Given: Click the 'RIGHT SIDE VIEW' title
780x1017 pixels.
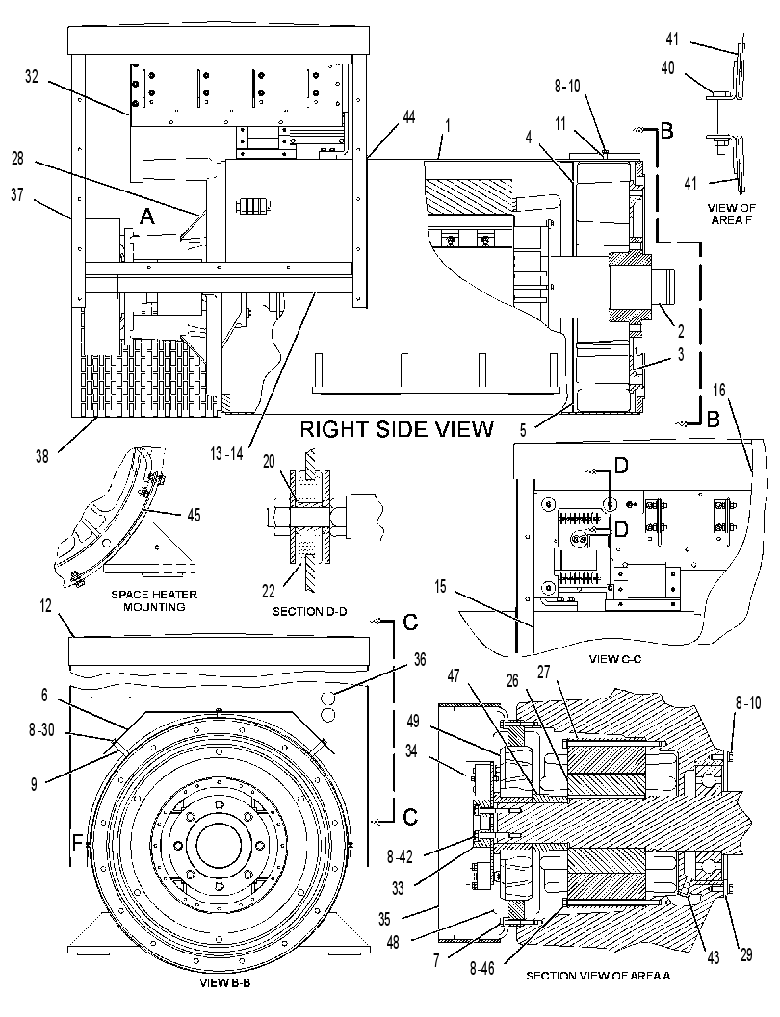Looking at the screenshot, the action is (397, 429).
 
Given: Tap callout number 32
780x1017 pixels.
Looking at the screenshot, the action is (32, 77).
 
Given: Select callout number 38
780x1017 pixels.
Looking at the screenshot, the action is (42, 457).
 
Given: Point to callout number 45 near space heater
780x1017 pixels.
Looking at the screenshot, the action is (194, 515).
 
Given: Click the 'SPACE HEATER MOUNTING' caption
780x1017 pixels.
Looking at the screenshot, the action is (154, 600).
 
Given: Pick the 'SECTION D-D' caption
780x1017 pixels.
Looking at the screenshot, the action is (308, 611).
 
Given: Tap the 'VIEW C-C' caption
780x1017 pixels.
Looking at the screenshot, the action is (614, 659).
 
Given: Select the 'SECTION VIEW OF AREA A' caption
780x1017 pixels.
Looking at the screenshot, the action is (598, 975).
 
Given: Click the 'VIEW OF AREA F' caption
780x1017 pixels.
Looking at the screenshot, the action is (731, 214).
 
